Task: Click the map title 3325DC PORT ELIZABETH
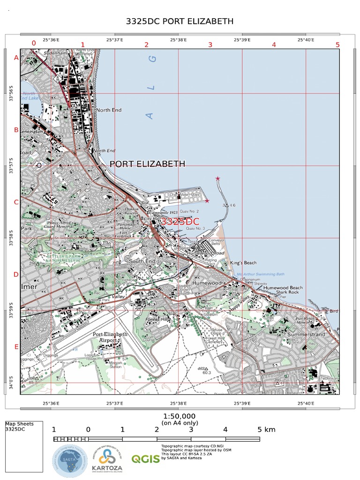[x=180, y=22]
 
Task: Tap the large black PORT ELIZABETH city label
[x=147, y=164]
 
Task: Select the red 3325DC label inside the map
[x=180, y=221]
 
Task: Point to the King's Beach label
[x=243, y=262]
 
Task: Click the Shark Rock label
[x=287, y=292]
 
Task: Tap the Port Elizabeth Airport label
[x=110, y=337]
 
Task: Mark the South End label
[x=142, y=261]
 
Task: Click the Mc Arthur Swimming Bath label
[x=261, y=274]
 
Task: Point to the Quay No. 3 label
[x=195, y=228]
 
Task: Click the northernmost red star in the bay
[x=217, y=179]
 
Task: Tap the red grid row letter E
[x=16, y=347]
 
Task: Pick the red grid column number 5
[x=337, y=45]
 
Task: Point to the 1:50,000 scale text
[x=180, y=416]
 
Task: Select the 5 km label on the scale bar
[x=266, y=429]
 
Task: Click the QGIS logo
[x=145, y=459]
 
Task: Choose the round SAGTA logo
[x=69, y=460]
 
